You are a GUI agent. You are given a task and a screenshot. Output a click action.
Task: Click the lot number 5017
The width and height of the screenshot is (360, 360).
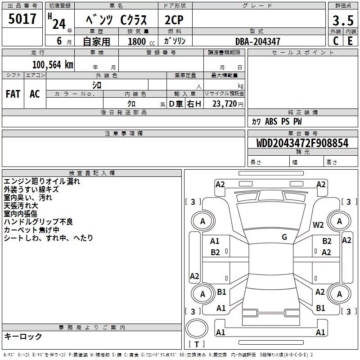tap(22, 19)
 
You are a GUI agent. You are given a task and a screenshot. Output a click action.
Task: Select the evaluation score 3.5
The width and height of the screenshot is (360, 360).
tap(342, 21)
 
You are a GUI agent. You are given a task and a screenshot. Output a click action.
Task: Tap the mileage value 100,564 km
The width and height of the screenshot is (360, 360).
tap(52, 64)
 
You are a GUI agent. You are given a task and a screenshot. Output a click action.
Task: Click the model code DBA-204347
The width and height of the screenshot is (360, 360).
tap(258, 41)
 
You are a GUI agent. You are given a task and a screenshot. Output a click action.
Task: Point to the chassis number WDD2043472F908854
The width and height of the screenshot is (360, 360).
tap(302, 143)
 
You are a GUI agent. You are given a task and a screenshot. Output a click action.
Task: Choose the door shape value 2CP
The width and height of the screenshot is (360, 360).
tap(175, 21)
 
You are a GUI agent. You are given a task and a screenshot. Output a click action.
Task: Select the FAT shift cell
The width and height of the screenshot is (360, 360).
tap(13, 94)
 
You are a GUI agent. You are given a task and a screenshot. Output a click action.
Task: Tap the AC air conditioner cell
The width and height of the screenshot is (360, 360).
tap(35, 94)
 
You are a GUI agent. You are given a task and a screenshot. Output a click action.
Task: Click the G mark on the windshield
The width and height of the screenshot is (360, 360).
tap(284, 237)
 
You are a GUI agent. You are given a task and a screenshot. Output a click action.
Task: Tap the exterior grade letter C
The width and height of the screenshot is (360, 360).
tap(335, 41)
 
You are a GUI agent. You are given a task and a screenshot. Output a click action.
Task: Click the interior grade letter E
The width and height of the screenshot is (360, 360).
tap(350, 41)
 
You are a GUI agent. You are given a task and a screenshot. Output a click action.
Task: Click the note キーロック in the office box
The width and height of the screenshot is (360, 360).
tap(23, 337)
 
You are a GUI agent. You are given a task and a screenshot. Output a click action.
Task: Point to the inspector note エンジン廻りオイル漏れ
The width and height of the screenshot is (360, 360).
tap(42, 181)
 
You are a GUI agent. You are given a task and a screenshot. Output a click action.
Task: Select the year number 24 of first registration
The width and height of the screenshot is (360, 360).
tap(58, 23)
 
